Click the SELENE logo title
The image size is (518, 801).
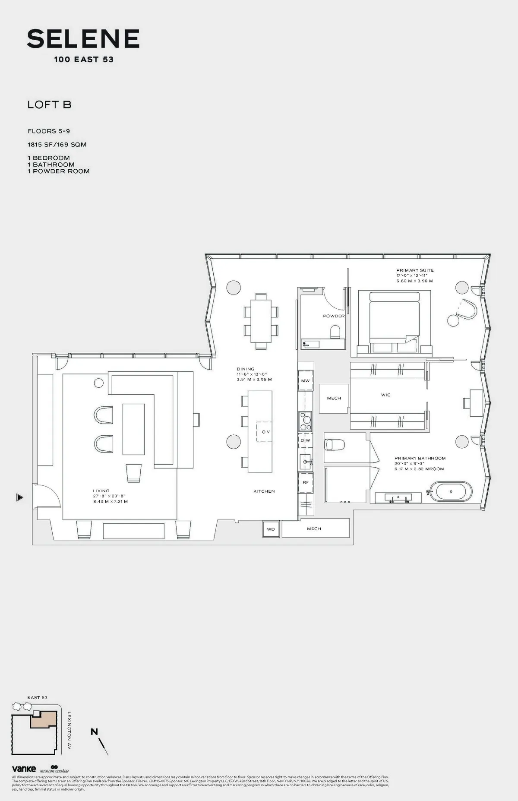click(x=83, y=39)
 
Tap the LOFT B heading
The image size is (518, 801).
click(x=49, y=104)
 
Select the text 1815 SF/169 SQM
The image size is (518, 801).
click(x=57, y=145)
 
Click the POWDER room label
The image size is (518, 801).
click(x=334, y=316)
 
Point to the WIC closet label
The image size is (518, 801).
click(x=385, y=395)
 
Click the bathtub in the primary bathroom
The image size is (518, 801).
click(x=451, y=491)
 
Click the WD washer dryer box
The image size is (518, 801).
click(x=271, y=529)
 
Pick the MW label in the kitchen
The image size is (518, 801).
click(x=305, y=381)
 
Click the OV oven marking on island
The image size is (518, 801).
click(x=265, y=432)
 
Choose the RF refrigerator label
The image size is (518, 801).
click(x=305, y=482)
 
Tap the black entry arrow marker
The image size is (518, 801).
click(x=19, y=497)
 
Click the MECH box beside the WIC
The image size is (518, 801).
click(x=334, y=398)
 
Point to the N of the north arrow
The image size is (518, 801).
click(x=94, y=731)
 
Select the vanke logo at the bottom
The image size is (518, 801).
click(x=24, y=769)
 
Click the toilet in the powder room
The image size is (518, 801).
click(x=335, y=332)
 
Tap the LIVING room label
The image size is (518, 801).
click(x=101, y=491)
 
